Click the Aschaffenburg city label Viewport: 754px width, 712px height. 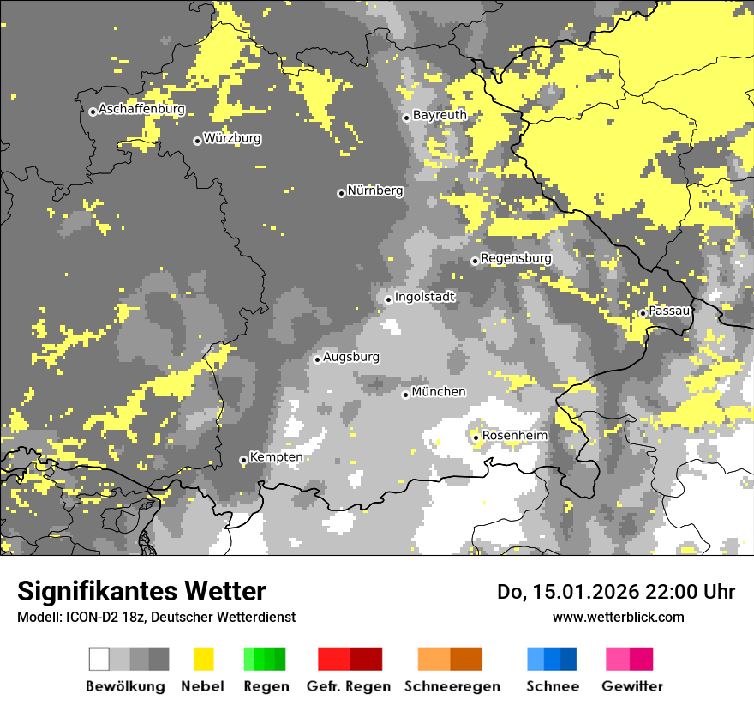click(141, 110)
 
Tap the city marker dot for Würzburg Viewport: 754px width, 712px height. click(197, 141)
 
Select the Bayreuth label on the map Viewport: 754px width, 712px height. click(440, 115)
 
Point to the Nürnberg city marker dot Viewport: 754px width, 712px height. click(341, 193)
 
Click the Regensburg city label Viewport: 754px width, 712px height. click(516, 258)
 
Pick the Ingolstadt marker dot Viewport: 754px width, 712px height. click(388, 299)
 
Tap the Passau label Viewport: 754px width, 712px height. click(669, 311)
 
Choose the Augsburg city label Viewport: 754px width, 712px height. click(351, 357)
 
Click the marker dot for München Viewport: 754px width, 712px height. click(405, 395)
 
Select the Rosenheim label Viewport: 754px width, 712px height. click(515, 436)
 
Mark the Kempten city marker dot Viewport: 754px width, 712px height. click(243, 460)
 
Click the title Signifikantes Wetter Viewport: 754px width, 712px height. click(141, 592)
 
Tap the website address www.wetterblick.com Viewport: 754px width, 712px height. click(618, 617)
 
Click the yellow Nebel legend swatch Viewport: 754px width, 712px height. click(203, 659)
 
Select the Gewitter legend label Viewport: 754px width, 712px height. click(632, 686)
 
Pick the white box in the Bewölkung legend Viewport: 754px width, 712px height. click(99, 659)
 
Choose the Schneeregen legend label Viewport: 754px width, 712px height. click(452, 686)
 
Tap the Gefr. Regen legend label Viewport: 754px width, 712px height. click(348, 686)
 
